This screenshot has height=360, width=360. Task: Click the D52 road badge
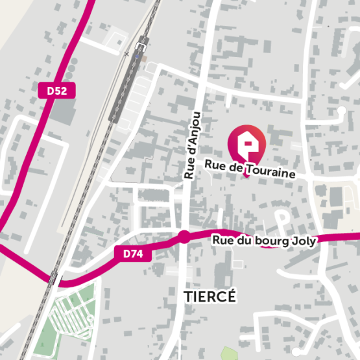57,91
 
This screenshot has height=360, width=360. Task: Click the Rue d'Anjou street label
193,145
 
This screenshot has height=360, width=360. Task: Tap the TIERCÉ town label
210,296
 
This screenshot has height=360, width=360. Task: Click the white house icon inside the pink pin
247,142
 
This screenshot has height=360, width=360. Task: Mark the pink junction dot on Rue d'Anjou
184,236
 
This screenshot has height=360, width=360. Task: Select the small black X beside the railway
126,54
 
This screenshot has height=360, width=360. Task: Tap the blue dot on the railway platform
136,57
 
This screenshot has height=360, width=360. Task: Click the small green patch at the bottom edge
228,354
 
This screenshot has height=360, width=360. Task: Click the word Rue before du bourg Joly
223,241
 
